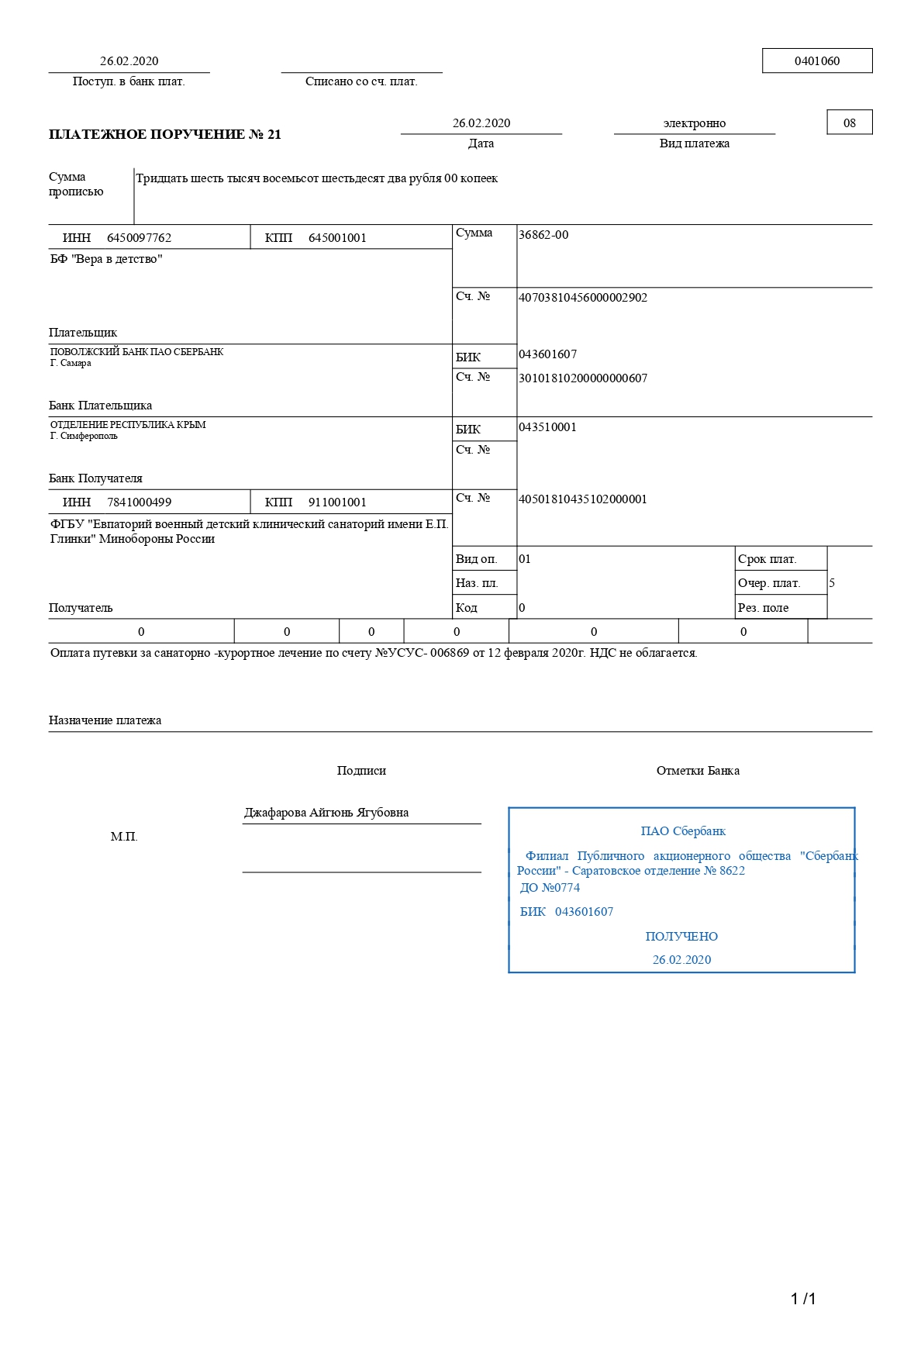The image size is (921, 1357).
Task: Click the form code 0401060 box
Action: point(817,61)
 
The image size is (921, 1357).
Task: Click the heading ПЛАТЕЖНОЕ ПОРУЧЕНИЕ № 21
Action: point(164,135)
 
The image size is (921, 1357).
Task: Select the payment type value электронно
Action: point(694,123)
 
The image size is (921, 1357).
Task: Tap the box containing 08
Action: point(849,123)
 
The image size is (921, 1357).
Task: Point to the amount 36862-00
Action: point(543,235)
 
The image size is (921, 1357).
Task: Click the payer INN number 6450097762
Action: point(139,238)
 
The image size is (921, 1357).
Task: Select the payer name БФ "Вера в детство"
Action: point(106,259)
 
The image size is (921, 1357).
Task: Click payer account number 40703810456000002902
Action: point(582,298)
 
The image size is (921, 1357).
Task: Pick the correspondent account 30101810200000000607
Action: point(582,378)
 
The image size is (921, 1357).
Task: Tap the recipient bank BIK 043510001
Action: point(547,427)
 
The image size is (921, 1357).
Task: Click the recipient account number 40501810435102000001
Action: point(582,499)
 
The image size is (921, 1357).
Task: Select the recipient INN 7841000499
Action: point(139,502)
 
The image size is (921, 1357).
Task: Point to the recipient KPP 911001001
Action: point(337,502)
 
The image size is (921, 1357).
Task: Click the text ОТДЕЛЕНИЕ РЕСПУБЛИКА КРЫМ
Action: point(128,425)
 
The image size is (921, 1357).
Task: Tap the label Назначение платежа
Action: point(105,720)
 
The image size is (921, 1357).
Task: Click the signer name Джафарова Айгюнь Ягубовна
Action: point(326,813)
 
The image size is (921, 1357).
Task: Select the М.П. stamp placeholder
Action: point(124,837)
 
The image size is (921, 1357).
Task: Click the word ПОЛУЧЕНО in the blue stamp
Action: point(681,937)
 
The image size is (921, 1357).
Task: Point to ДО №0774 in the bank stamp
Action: point(550,888)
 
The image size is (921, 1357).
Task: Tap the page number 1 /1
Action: point(803,1299)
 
